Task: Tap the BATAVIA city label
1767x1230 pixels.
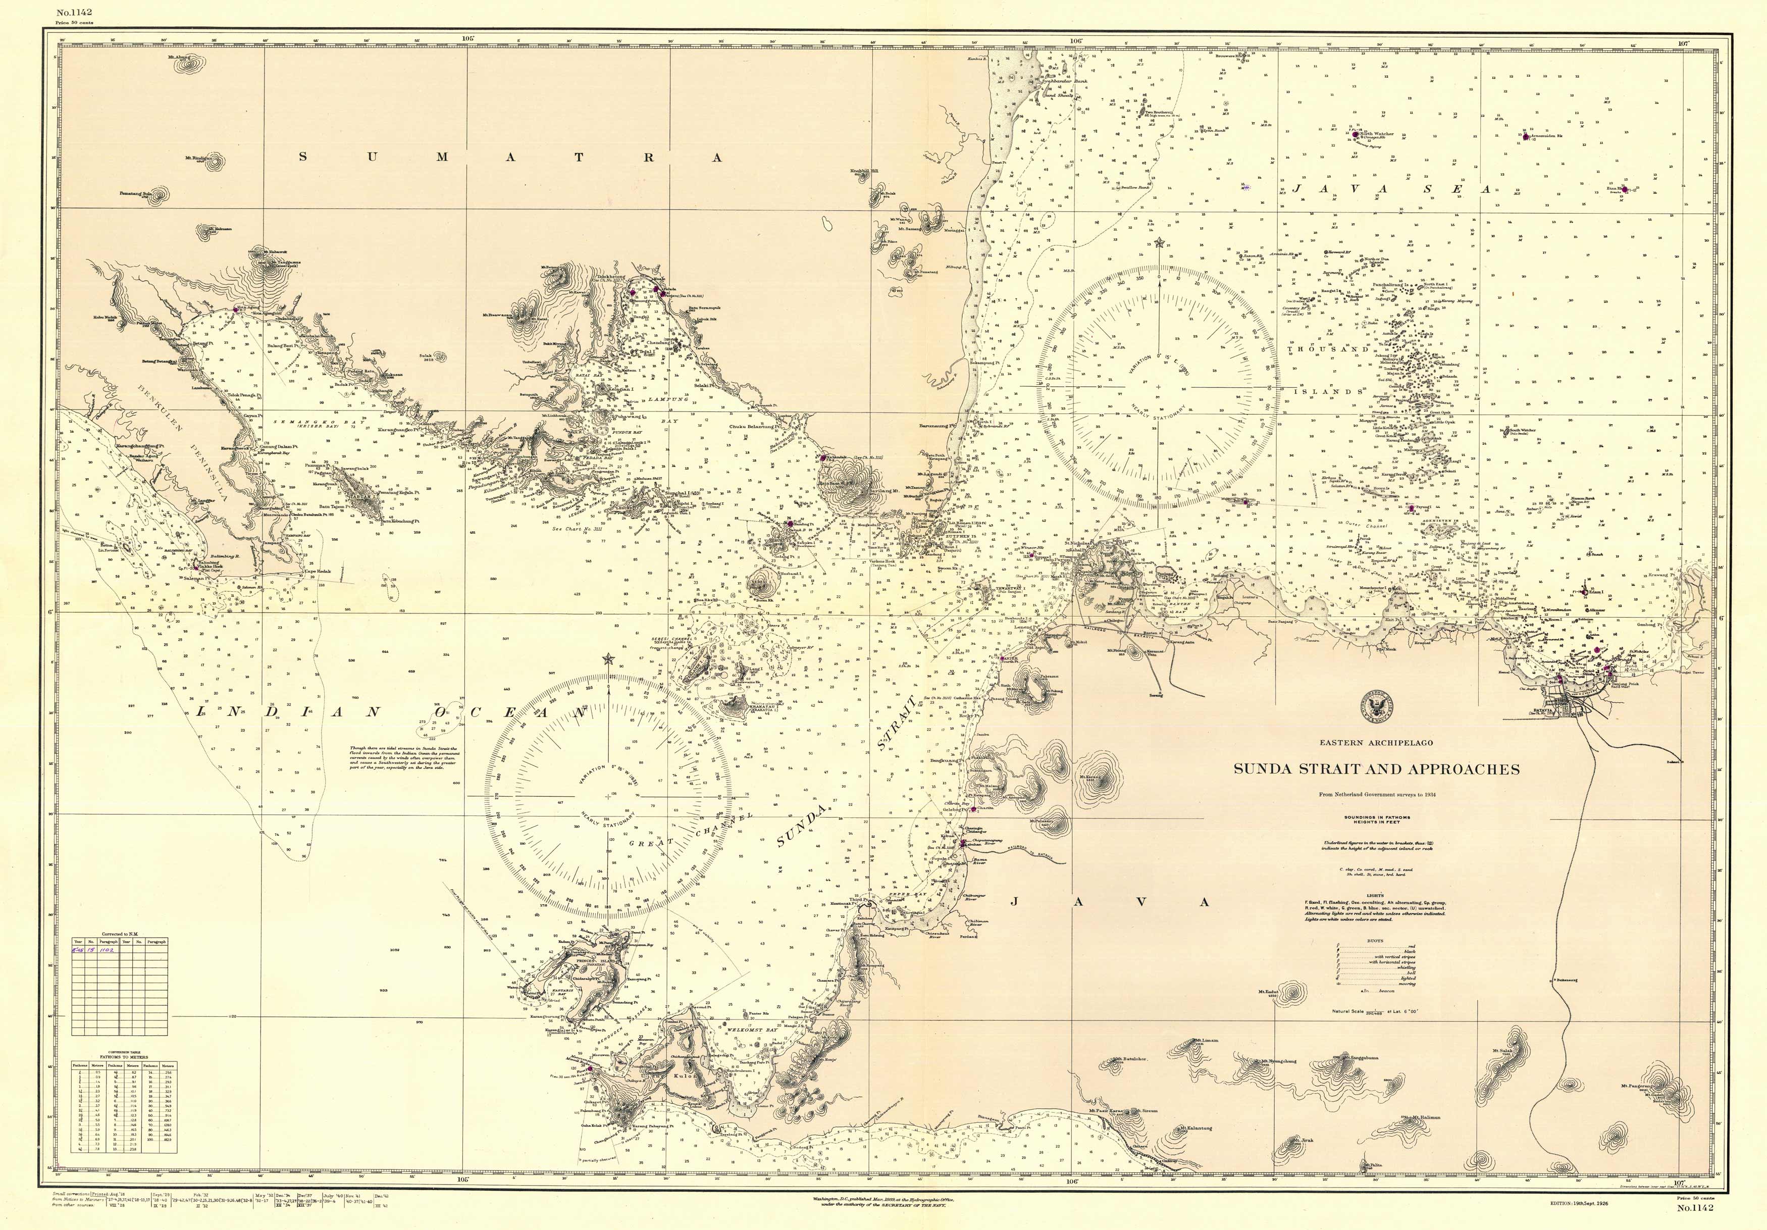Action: point(1545,712)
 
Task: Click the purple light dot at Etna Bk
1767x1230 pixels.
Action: point(1622,188)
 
